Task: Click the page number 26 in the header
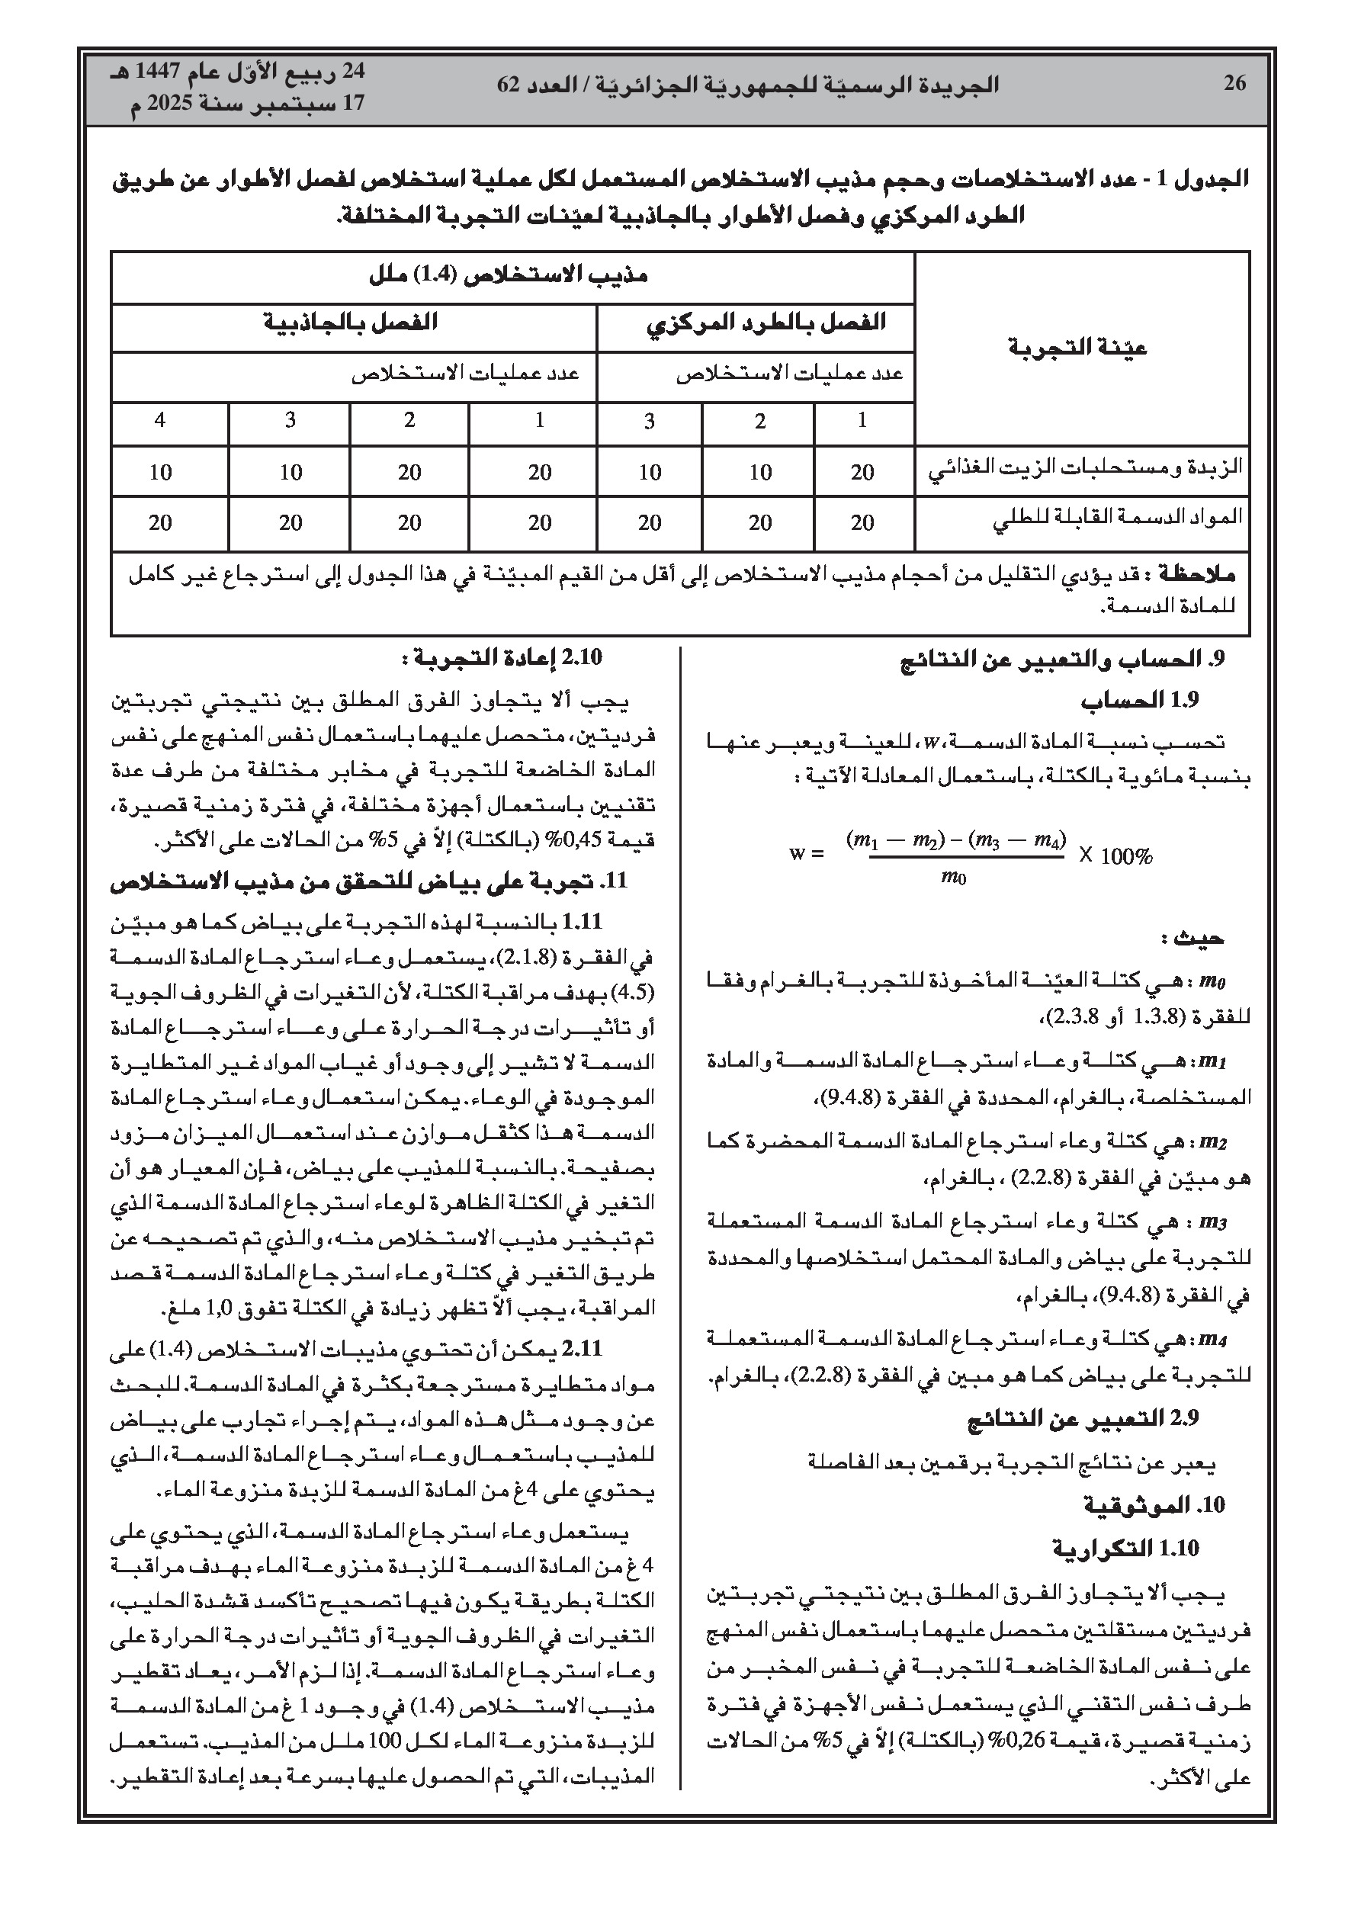pyautogui.click(x=1234, y=83)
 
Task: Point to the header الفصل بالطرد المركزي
pyautogui.click(x=766, y=324)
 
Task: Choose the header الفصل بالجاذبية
pyautogui.click(x=351, y=323)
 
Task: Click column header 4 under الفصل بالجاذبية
pyautogui.click(x=160, y=420)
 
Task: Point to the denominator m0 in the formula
pyautogui.click(x=953, y=878)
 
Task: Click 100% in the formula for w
pyautogui.click(x=1126, y=855)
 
